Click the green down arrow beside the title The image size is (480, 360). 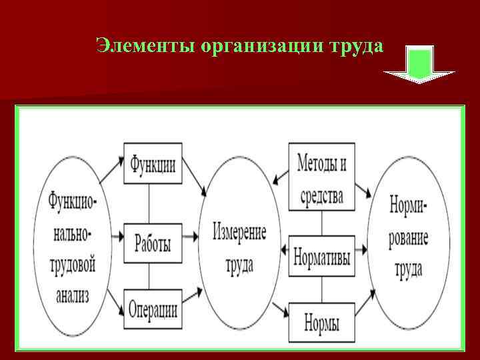[x=419, y=64]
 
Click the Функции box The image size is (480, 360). [x=153, y=163]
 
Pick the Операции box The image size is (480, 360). [x=153, y=309]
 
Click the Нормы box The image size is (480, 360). [x=322, y=323]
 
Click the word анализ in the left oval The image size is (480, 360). [x=73, y=293]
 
